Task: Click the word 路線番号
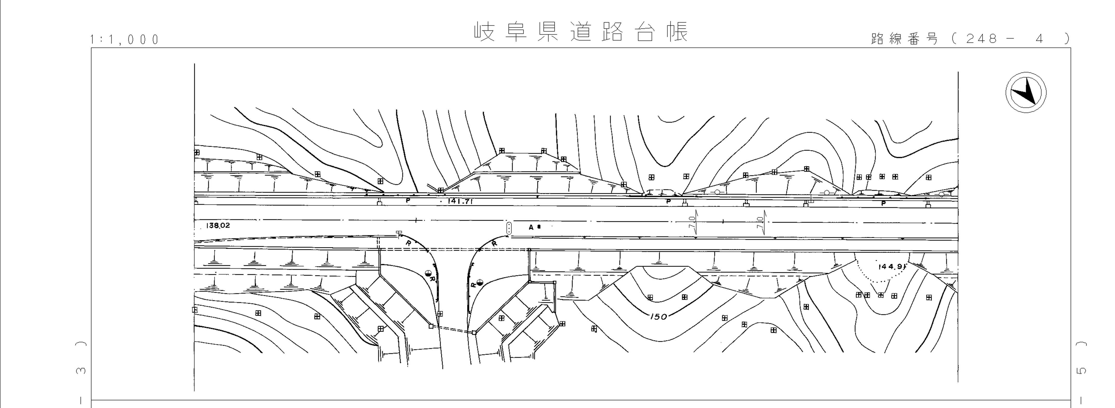click(904, 39)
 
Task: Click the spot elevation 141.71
click(460, 201)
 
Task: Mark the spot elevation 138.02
click(219, 226)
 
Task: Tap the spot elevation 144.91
click(891, 267)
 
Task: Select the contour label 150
click(658, 317)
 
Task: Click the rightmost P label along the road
click(883, 203)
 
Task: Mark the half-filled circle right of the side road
click(480, 284)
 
